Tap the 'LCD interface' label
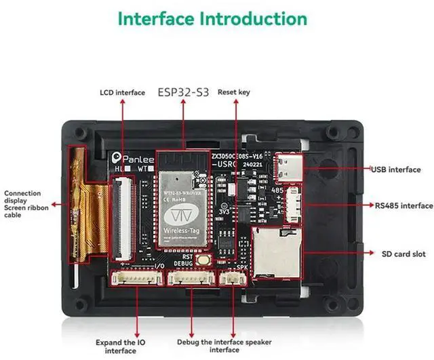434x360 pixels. click(x=122, y=92)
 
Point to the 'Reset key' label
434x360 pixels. click(x=234, y=92)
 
